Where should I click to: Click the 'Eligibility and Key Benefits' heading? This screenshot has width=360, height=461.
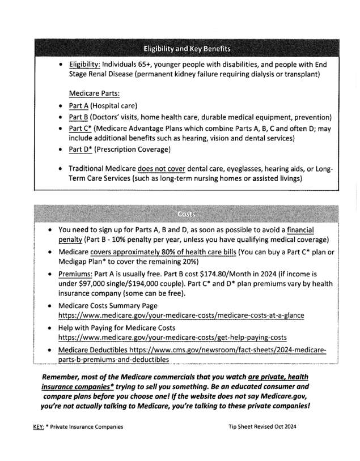point(186,48)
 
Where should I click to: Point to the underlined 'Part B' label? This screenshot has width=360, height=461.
point(78,117)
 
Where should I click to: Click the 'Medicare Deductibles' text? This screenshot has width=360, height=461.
point(95,351)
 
